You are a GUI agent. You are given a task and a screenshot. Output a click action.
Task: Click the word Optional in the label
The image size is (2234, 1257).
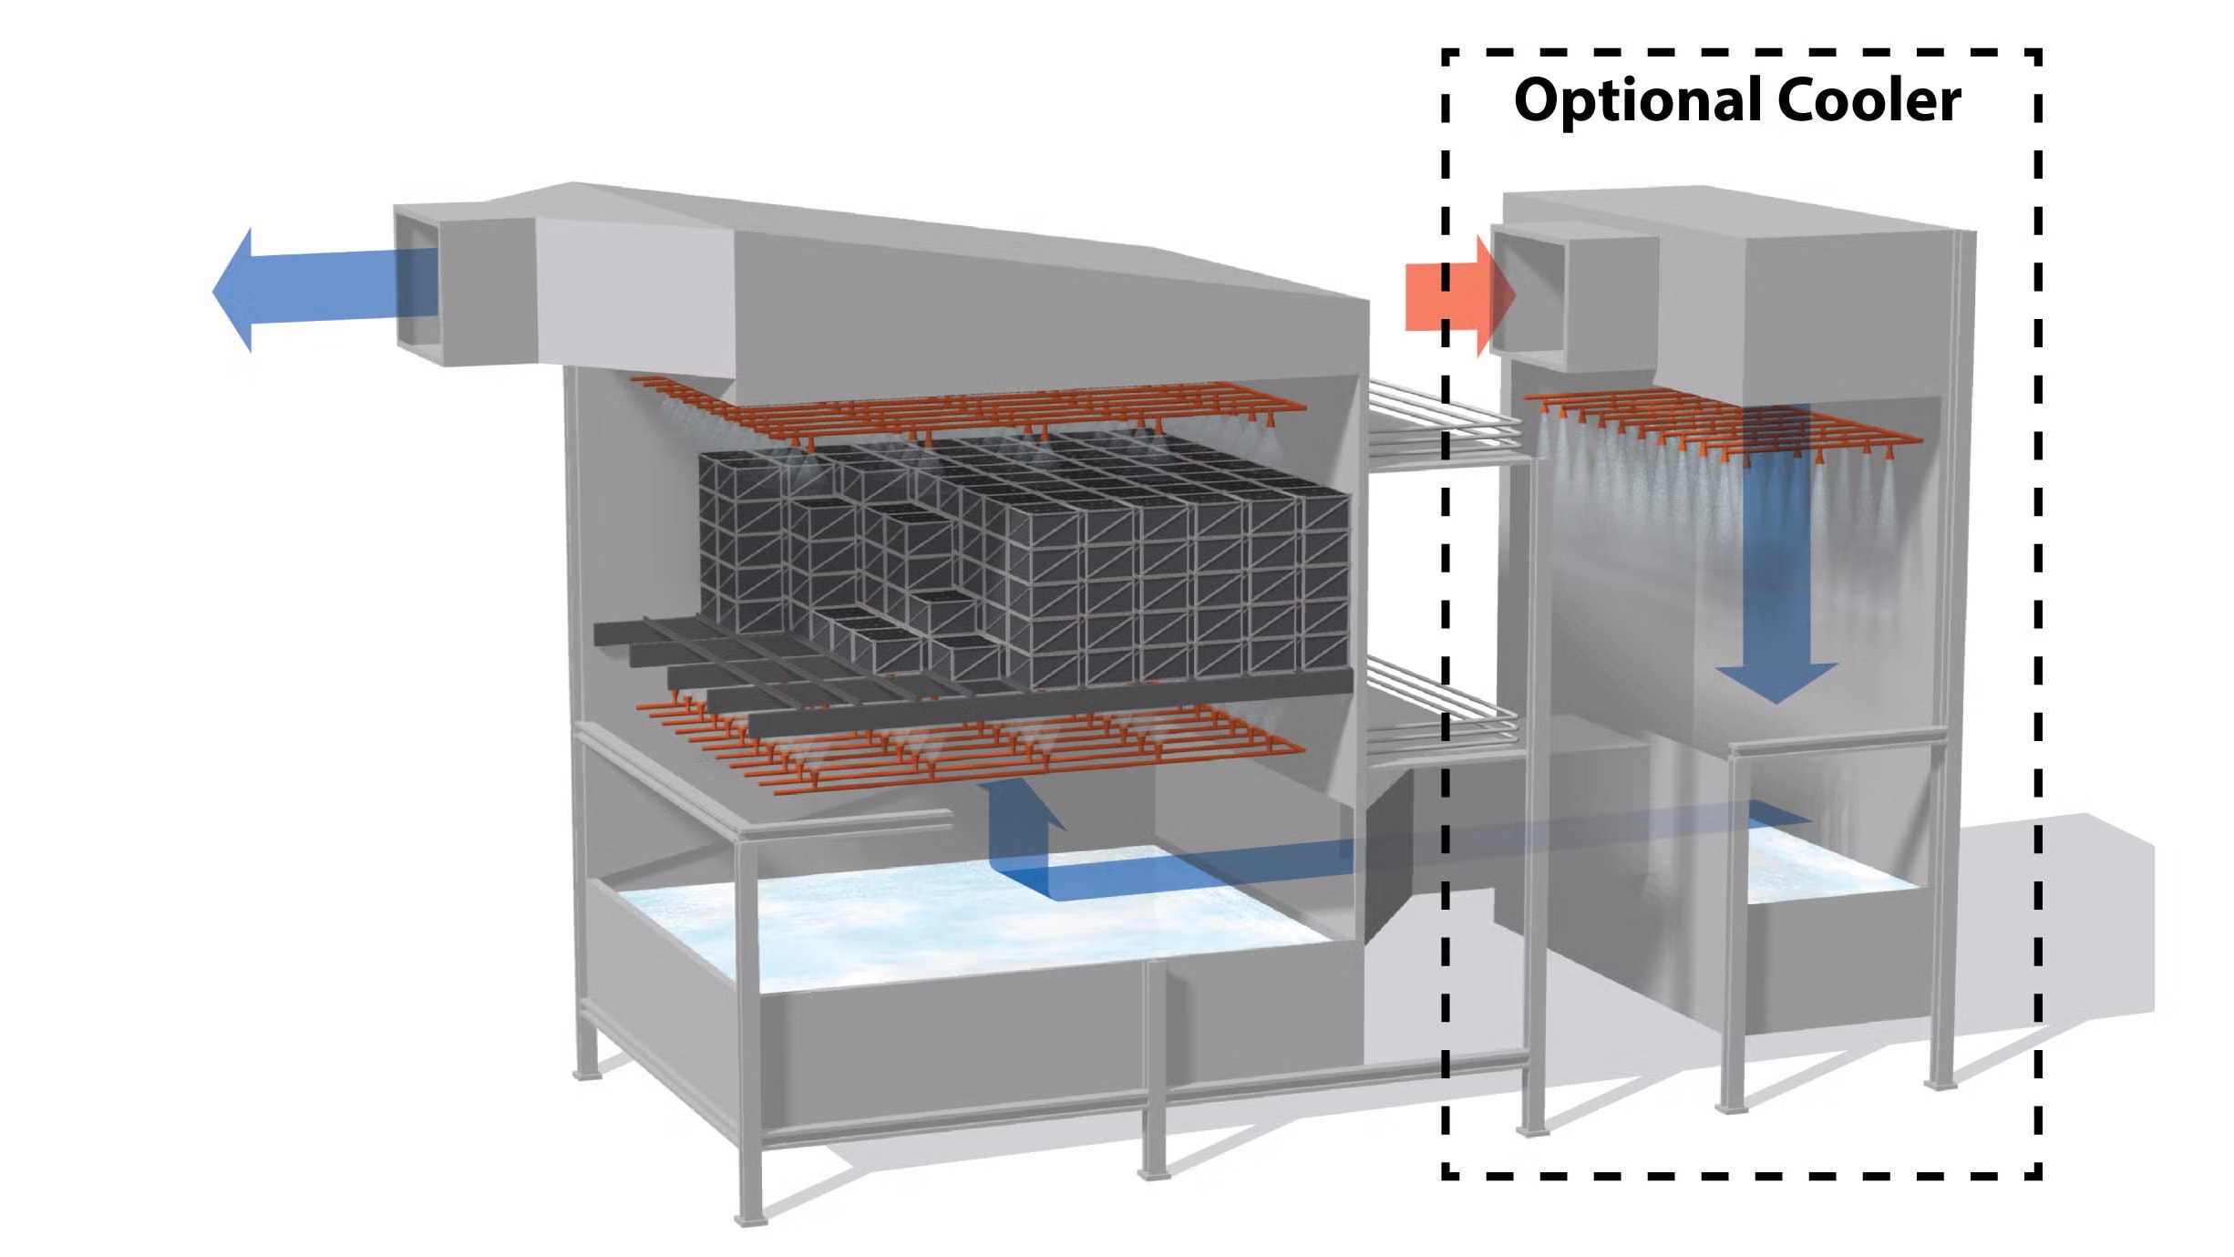pos(1638,100)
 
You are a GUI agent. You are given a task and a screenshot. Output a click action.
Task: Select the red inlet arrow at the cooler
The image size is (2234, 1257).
pos(1455,296)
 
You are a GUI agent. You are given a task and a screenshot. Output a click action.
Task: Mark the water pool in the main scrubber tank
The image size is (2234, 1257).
pos(911,921)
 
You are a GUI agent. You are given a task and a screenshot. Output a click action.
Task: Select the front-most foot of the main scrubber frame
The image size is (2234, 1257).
pos(750,1217)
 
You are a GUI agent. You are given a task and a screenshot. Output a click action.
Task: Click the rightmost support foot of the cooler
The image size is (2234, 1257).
pos(1939,1083)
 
